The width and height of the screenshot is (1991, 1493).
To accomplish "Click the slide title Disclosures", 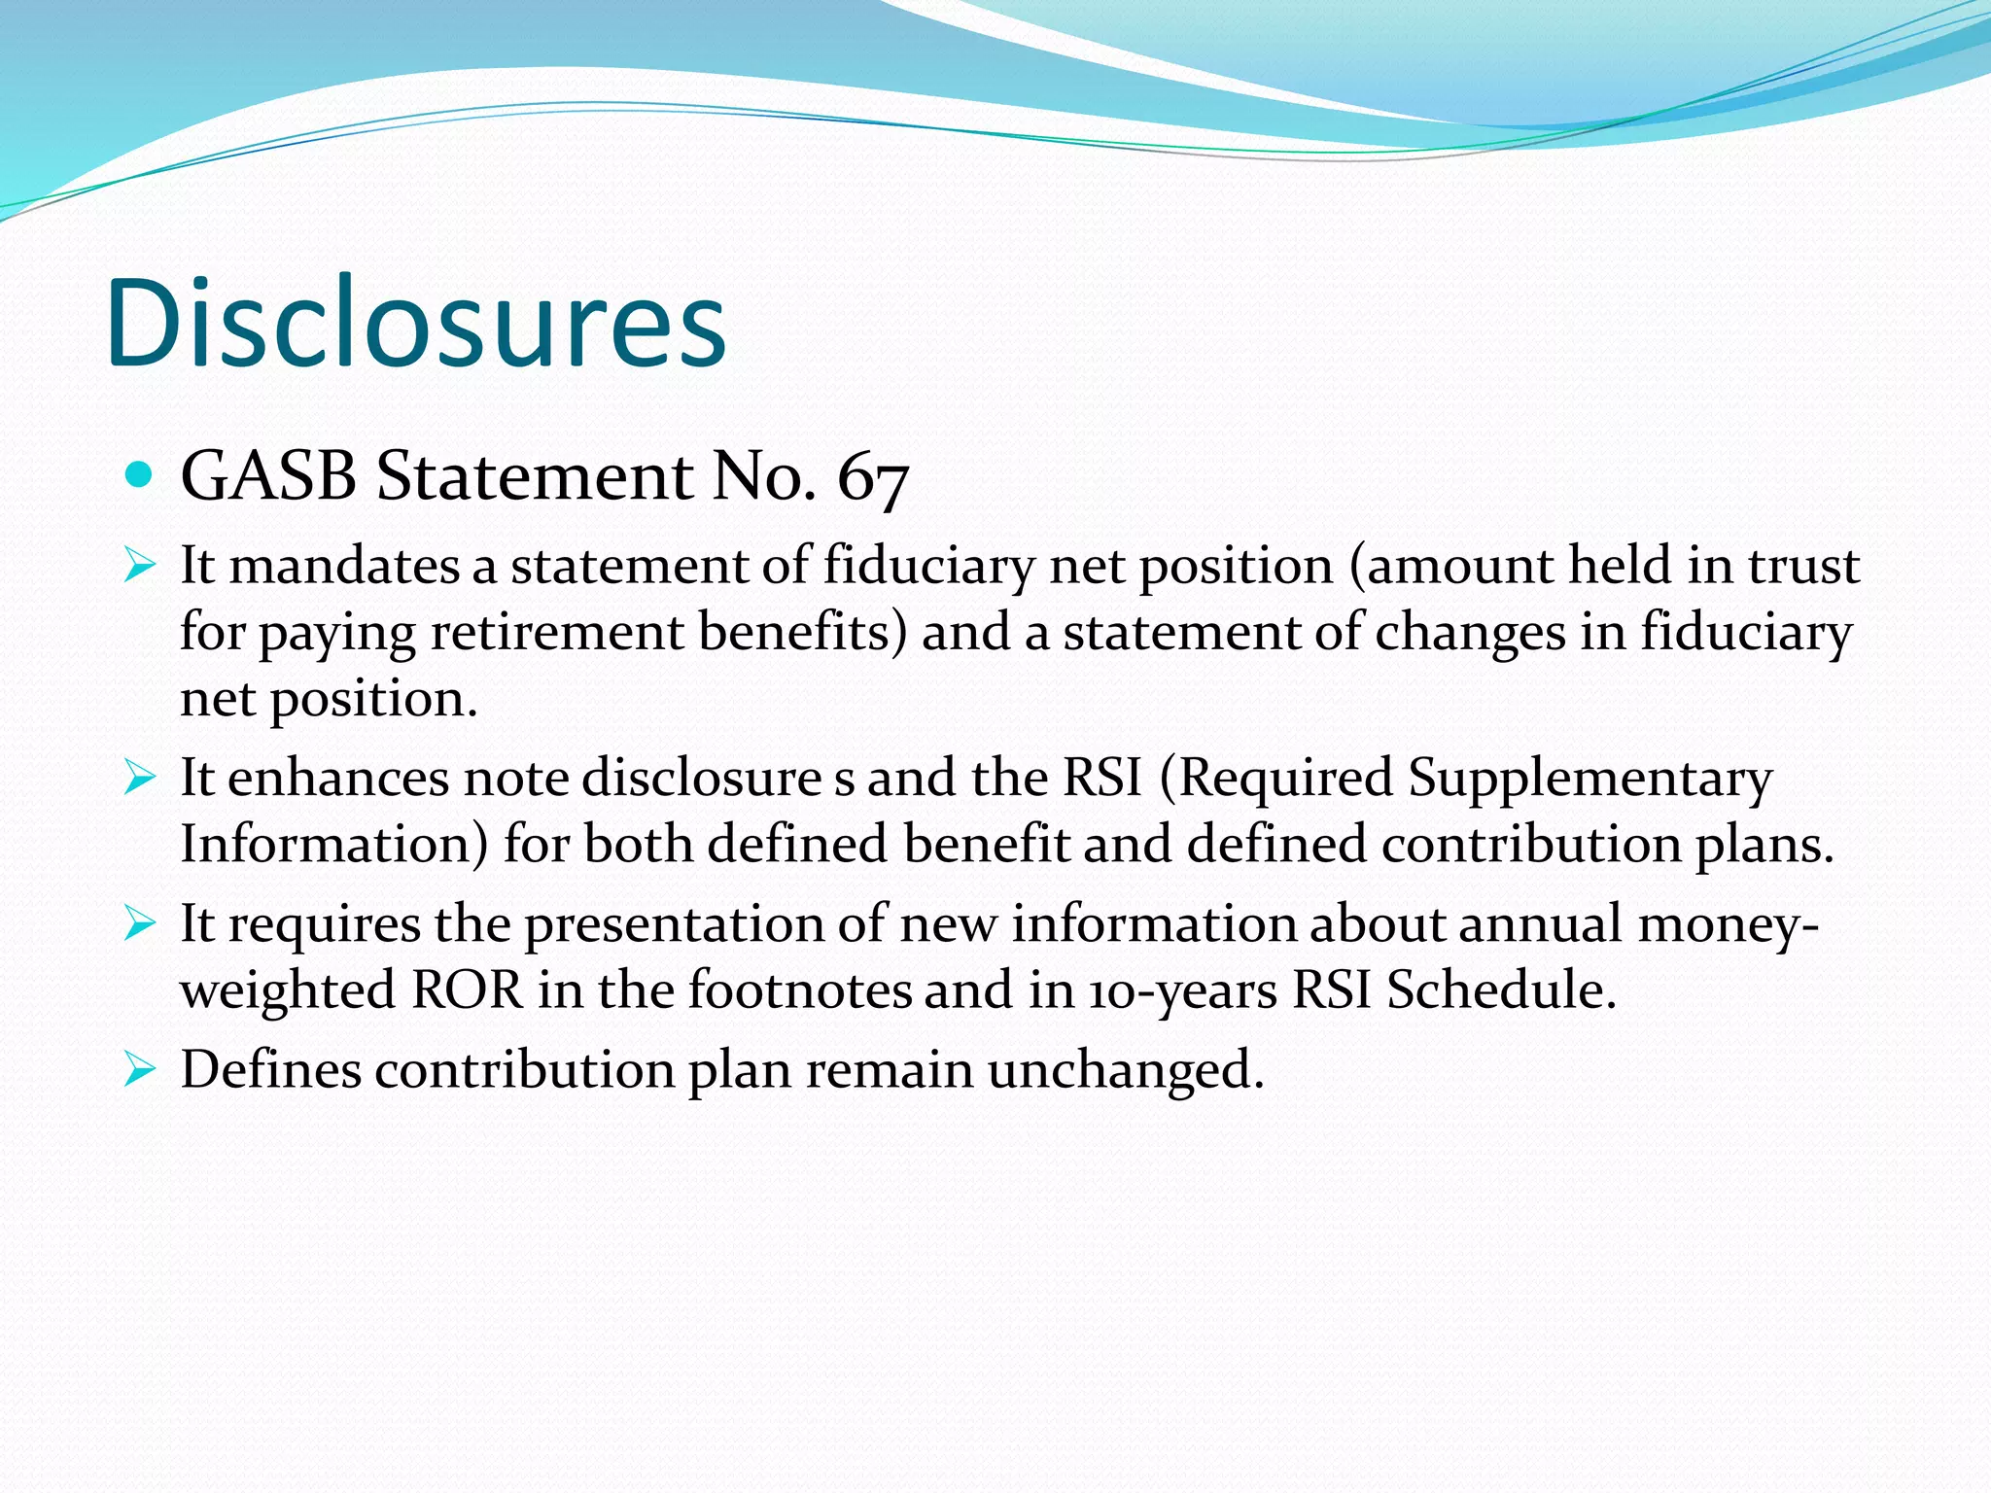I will point(416,323).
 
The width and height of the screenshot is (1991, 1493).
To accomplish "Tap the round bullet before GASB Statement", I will point(140,475).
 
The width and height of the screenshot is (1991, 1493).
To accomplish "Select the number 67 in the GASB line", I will point(872,478).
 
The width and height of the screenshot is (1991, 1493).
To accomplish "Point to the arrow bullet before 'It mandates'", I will point(140,565).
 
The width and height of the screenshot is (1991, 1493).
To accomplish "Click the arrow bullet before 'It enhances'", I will point(140,777).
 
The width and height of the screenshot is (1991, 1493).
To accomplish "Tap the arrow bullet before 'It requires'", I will point(140,923).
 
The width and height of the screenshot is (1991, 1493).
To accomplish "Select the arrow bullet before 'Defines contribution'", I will point(140,1070).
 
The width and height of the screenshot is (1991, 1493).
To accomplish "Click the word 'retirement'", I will point(557,632).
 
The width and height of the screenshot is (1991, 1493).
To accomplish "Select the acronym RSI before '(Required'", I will point(1101,778).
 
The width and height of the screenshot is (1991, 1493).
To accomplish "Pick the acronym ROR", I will point(468,990).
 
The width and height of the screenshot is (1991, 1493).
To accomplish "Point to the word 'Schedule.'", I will point(1501,990).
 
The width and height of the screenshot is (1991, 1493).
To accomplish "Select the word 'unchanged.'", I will point(1126,1071).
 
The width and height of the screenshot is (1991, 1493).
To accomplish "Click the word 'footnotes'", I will point(800,990).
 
